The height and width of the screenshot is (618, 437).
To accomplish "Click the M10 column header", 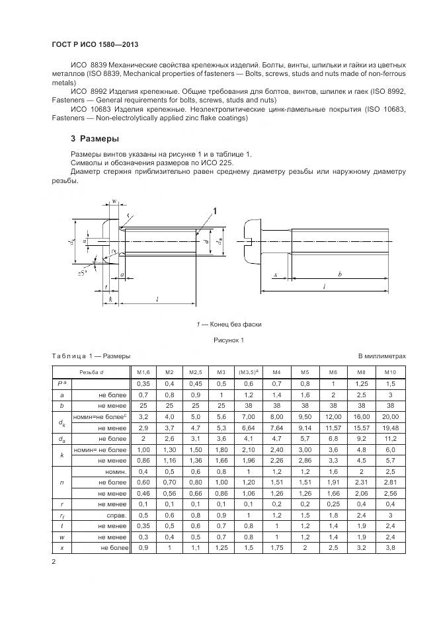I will (x=390, y=372).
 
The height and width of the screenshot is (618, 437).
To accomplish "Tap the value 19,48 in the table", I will (x=390, y=427).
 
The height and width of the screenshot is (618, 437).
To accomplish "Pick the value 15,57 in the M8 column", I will (x=362, y=427).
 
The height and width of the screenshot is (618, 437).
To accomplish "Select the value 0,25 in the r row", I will (x=334, y=504).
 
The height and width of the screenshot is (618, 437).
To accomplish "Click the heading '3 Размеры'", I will (x=85, y=139).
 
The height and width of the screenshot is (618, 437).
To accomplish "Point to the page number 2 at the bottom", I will (x=54, y=562).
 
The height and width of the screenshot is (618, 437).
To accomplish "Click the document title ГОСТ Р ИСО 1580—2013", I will (x=99, y=44).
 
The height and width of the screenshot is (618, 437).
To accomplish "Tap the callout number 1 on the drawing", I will (x=214, y=211).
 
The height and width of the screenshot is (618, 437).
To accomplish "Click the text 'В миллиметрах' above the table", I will (x=383, y=356).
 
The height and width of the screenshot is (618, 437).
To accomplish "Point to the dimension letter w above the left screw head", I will (x=114, y=201).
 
